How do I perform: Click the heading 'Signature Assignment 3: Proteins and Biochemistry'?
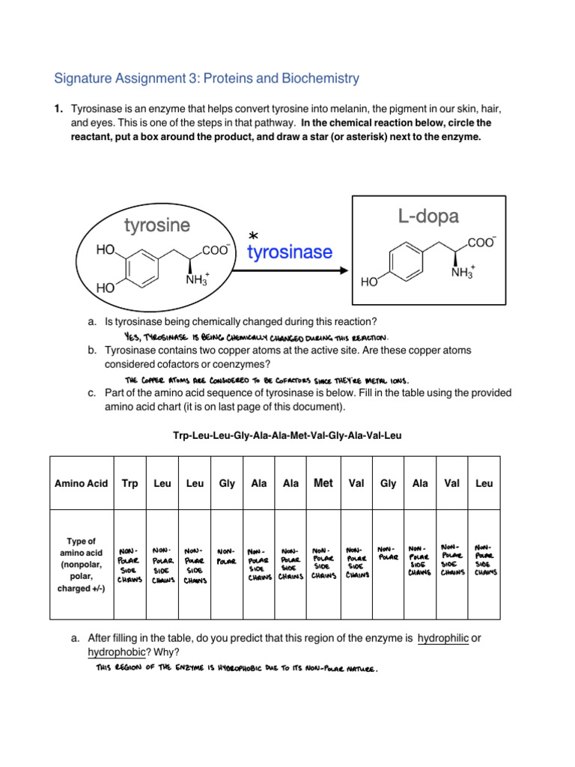click(207, 78)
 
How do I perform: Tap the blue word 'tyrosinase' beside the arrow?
click(289, 252)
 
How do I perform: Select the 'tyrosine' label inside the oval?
click(156, 225)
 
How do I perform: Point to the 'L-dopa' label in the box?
click(428, 216)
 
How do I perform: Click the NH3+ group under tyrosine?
click(196, 280)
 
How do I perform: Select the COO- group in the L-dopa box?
click(481, 242)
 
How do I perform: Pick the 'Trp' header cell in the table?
click(128, 484)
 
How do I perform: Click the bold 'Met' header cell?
click(323, 483)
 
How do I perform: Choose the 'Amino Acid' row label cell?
click(81, 484)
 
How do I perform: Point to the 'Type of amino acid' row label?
click(81, 565)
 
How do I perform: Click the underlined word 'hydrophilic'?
click(442, 637)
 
